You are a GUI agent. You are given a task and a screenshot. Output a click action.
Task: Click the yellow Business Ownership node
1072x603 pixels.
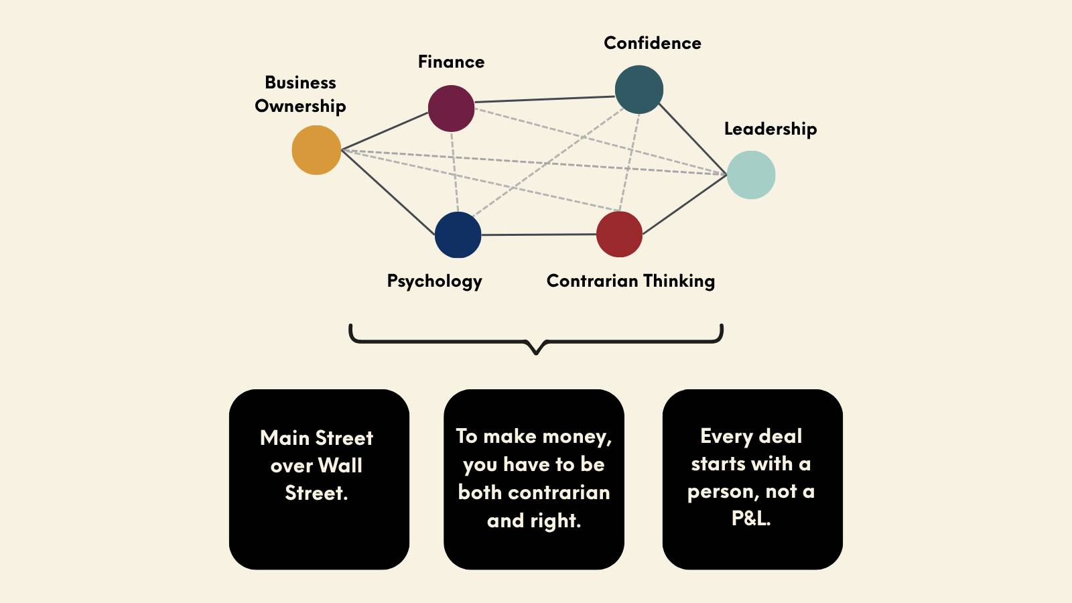point(316,150)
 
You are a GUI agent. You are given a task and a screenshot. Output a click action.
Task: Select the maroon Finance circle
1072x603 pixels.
point(452,109)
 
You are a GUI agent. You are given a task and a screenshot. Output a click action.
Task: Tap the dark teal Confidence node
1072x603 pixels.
point(639,90)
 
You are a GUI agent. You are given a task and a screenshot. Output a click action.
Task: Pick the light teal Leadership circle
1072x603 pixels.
point(751,175)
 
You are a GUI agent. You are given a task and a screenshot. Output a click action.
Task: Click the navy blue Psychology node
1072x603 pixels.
point(458,235)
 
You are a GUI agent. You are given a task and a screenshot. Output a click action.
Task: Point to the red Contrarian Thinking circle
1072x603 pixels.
point(619,234)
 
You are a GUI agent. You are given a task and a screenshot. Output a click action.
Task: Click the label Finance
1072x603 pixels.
point(452,62)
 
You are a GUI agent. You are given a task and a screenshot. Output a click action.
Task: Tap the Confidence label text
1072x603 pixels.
point(653,43)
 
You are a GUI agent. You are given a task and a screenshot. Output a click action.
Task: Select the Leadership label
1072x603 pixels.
point(770,129)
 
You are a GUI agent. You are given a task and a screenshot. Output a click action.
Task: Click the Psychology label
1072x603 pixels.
point(435,281)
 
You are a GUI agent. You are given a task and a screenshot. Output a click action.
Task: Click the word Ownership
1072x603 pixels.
point(300,107)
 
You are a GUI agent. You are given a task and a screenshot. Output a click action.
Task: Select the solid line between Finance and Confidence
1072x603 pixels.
point(545,99)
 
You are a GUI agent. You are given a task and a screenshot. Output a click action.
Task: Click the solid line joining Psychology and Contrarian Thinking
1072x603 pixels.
point(539,234)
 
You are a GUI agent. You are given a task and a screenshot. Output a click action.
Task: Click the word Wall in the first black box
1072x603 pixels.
point(340,465)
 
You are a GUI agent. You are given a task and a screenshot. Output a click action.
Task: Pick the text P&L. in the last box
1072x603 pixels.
point(751,519)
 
